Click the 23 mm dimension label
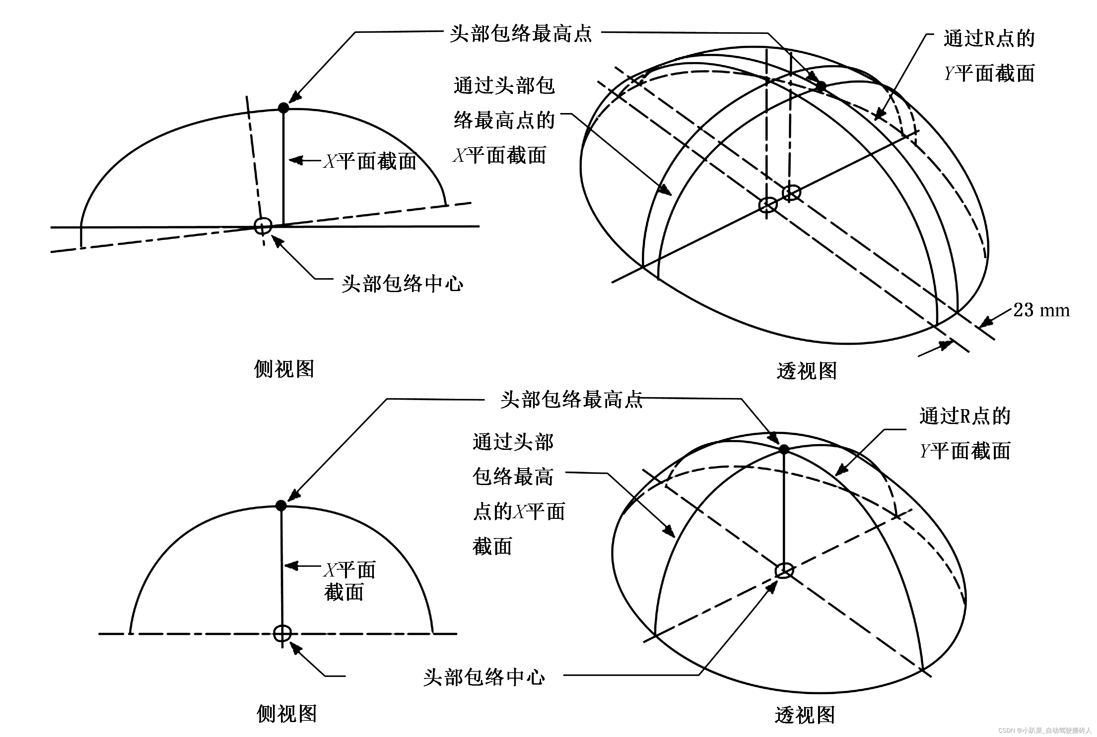pos(1041,310)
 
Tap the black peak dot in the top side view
pos(283,108)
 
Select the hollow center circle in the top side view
pos(263,226)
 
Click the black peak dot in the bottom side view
pos(281,505)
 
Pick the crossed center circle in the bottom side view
pos(282,634)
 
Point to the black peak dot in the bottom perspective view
pos(784,449)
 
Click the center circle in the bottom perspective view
pos(784,571)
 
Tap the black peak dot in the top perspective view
pos(821,86)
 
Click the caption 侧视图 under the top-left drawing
pos(284,369)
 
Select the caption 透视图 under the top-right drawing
pos(807,371)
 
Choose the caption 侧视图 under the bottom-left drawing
pos(286,713)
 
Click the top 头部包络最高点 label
pos(520,34)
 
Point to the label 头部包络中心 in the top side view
pos(402,283)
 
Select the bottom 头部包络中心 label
pos(484,677)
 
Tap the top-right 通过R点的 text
pos(989,38)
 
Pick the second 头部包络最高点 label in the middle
pos(571,399)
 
